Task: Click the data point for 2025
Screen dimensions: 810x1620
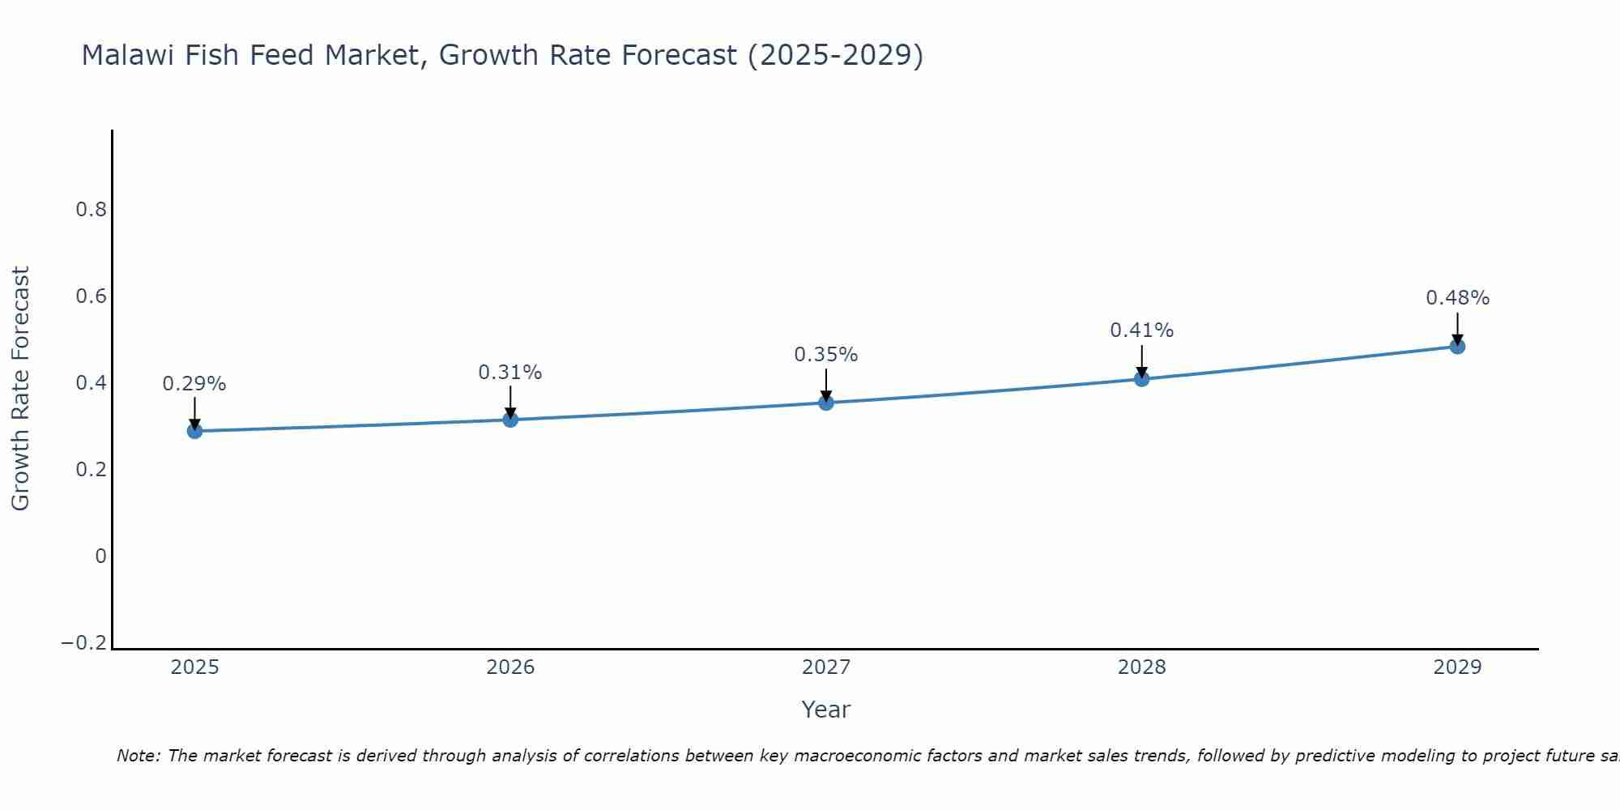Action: [194, 431]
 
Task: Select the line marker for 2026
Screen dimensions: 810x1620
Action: [510, 420]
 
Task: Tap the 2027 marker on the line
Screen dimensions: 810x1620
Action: [826, 403]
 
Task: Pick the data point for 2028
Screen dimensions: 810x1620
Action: [1142, 378]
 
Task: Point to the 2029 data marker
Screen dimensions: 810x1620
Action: [1457, 347]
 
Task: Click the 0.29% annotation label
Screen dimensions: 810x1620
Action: [194, 384]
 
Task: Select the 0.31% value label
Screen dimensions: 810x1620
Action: [510, 373]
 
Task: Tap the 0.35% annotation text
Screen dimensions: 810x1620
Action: [826, 355]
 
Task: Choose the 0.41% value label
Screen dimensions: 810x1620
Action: [1142, 330]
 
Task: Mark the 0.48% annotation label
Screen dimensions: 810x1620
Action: [1457, 298]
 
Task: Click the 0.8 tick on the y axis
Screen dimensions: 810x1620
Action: [92, 210]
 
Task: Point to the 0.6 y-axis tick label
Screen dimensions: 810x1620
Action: [92, 296]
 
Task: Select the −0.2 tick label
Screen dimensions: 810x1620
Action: [84, 643]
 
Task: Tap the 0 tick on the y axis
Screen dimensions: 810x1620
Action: [101, 556]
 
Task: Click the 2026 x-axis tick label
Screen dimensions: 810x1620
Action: [510, 667]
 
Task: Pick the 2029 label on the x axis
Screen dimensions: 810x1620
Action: [1457, 667]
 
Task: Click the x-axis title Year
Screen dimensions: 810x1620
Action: [826, 710]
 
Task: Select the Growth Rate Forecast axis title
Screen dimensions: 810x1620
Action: [21, 389]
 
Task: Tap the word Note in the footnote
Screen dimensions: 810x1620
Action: [138, 756]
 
